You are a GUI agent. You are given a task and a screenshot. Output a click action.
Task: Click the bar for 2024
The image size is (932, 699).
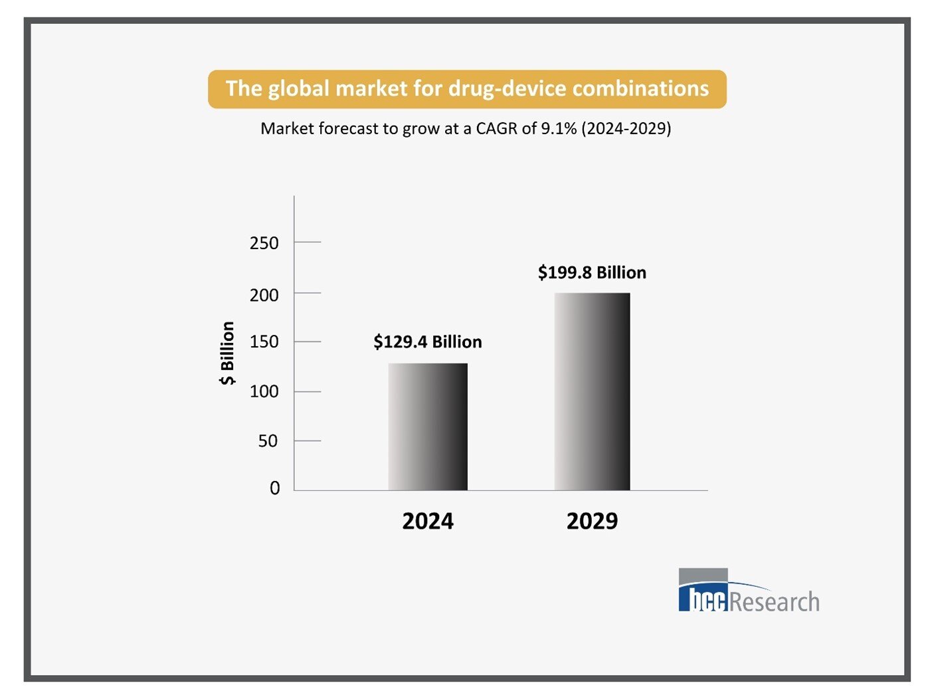point(428,427)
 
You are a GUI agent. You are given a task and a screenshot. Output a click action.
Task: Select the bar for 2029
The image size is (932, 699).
point(592,391)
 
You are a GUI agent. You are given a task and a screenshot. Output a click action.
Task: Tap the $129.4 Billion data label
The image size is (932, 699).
point(427,342)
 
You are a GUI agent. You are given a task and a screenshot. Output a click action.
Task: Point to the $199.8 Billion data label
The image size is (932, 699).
point(592,272)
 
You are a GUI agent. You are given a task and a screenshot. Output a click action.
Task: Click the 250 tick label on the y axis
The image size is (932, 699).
point(264,243)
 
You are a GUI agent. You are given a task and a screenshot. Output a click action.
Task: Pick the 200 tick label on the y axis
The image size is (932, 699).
point(264,295)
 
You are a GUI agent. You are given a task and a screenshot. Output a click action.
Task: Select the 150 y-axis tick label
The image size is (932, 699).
point(264,342)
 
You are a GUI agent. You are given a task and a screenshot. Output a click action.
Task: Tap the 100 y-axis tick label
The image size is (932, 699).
point(264,391)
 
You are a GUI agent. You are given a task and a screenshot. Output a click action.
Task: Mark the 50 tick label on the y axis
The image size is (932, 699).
point(268,441)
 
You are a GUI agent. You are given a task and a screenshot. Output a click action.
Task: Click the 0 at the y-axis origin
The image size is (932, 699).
point(275,488)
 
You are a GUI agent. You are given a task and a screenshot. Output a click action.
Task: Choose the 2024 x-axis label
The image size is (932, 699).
point(428,521)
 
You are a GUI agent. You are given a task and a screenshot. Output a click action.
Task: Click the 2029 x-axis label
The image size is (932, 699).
point(592,521)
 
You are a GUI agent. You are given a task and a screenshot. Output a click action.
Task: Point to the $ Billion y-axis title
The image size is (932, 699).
point(227,353)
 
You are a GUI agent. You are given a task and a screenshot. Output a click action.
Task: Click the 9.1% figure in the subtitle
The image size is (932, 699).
point(559,128)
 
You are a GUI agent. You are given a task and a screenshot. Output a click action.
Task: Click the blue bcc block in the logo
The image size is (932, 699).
point(703,597)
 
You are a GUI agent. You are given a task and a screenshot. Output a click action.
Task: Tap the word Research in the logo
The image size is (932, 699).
point(775,601)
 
